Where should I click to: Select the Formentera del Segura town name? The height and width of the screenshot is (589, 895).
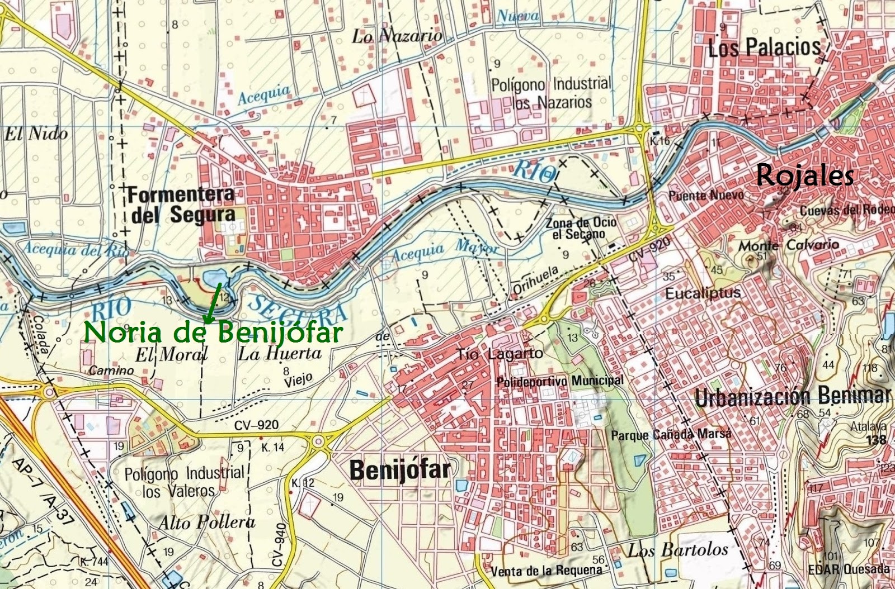[182, 205]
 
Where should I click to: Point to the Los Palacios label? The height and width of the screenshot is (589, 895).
[764, 48]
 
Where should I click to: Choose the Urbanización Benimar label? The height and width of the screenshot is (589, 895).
[792, 396]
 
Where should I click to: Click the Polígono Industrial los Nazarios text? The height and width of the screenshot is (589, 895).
[551, 93]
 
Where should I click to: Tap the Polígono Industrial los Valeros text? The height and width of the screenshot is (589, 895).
[185, 482]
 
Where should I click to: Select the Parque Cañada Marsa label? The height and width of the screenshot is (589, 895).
[671, 435]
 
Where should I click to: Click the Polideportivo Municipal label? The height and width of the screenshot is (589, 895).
[559, 382]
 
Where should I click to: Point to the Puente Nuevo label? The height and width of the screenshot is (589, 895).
[706, 195]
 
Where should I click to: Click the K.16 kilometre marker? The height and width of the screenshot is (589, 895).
[660, 141]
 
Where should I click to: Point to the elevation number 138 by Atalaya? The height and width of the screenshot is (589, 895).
[876, 440]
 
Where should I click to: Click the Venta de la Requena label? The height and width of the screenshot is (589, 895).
[546, 571]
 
